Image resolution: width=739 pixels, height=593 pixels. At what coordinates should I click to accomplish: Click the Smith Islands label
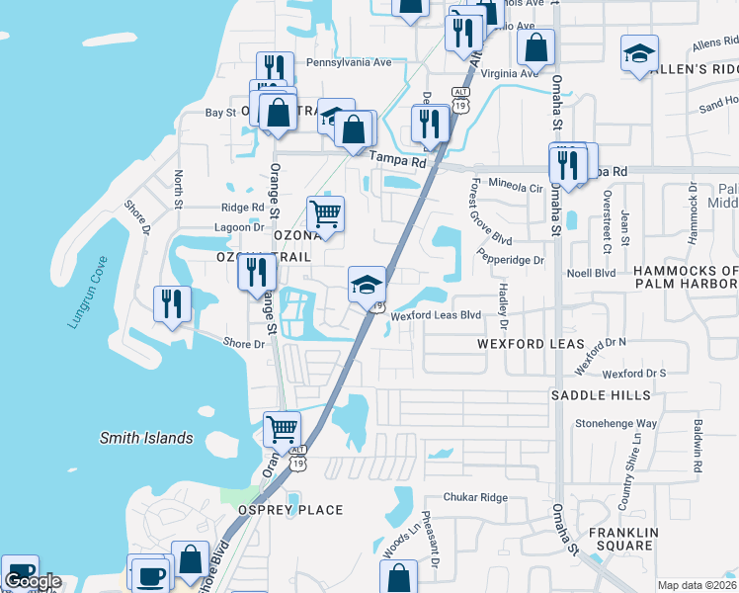146,438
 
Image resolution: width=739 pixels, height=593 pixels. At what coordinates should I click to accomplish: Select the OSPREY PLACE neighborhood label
290,510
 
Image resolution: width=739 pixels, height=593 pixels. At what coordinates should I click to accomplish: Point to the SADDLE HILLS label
601,395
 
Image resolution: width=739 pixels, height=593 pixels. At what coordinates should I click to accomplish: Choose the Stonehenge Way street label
616,423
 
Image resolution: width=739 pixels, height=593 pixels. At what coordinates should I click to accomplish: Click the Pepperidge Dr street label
512,260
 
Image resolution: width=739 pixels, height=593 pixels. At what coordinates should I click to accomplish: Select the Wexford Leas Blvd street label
436,316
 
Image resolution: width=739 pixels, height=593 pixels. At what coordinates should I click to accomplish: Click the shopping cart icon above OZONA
326,212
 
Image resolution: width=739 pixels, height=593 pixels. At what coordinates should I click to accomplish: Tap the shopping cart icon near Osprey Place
283,429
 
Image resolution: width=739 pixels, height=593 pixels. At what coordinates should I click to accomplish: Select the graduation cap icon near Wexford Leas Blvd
366,285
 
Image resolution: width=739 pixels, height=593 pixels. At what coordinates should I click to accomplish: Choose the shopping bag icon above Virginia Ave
535,45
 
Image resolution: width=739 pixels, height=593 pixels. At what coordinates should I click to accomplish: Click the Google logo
33,582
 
